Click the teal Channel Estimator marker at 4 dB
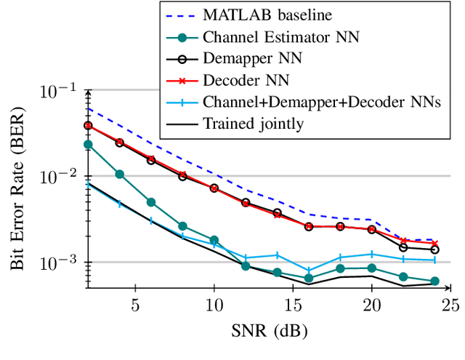[119, 175]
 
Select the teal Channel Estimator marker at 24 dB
[434, 281]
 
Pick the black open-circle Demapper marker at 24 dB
[434, 249]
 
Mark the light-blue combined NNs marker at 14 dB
[277, 255]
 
